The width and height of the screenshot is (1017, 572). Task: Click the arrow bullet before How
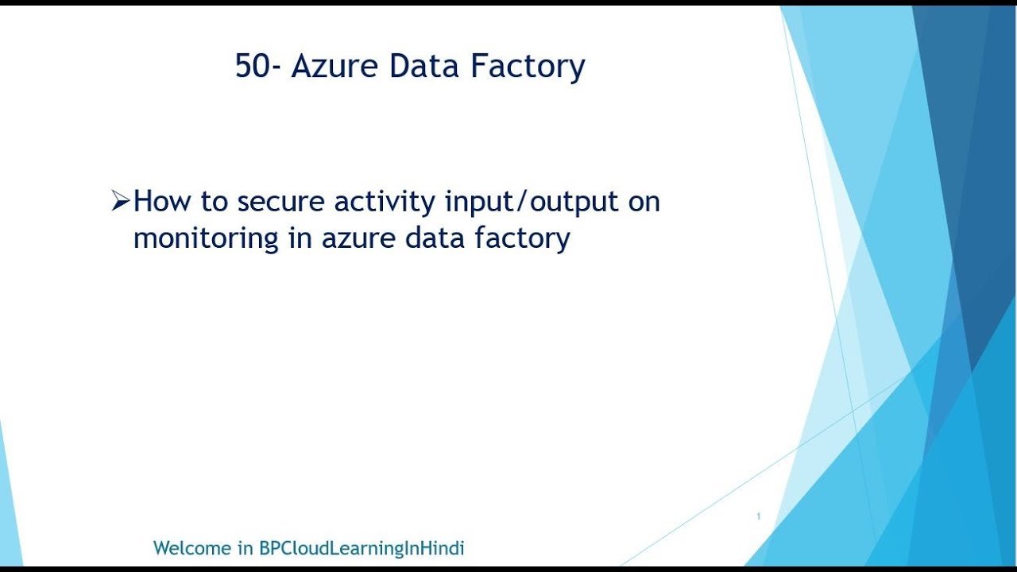(120, 202)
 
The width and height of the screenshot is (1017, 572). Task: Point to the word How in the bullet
(162, 202)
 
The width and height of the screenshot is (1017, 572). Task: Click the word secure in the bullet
(282, 203)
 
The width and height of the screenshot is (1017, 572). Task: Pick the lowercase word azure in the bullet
(357, 238)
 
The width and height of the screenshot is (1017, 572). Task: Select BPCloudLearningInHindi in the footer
(362, 548)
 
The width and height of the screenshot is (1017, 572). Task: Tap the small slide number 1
(759, 517)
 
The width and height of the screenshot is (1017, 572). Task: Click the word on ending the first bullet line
(644, 203)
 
